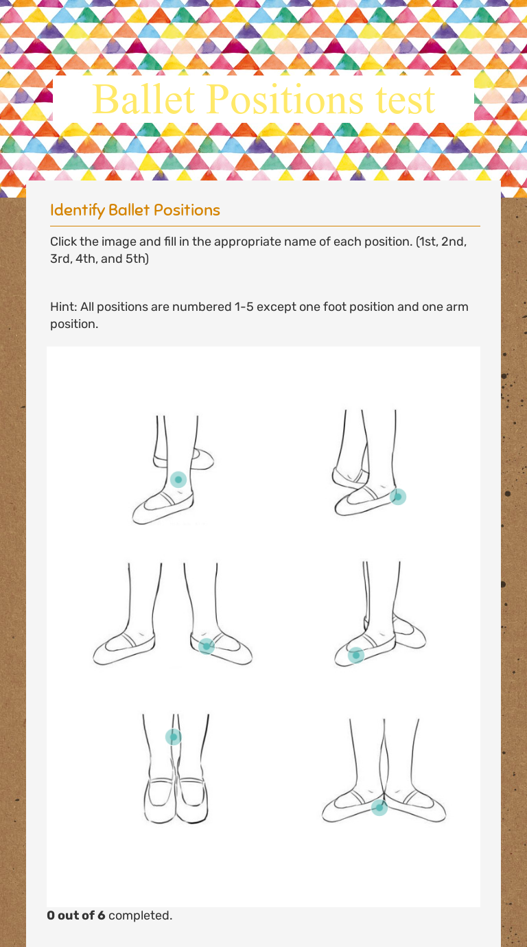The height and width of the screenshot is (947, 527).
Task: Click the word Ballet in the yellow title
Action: [144, 100]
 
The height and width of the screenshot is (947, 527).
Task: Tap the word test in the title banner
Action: [405, 100]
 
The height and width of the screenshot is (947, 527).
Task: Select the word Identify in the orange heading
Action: [77, 210]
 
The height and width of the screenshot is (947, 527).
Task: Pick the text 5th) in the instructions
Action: [137, 259]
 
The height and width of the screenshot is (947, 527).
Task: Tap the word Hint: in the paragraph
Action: [63, 306]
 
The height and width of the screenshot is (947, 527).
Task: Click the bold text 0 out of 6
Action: [75, 915]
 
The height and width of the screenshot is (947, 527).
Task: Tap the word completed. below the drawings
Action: [140, 915]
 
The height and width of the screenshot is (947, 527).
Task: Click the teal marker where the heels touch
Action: [379, 808]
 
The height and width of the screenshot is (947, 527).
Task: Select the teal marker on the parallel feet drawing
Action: [173, 737]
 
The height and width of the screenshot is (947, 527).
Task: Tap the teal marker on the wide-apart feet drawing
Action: [206, 646]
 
